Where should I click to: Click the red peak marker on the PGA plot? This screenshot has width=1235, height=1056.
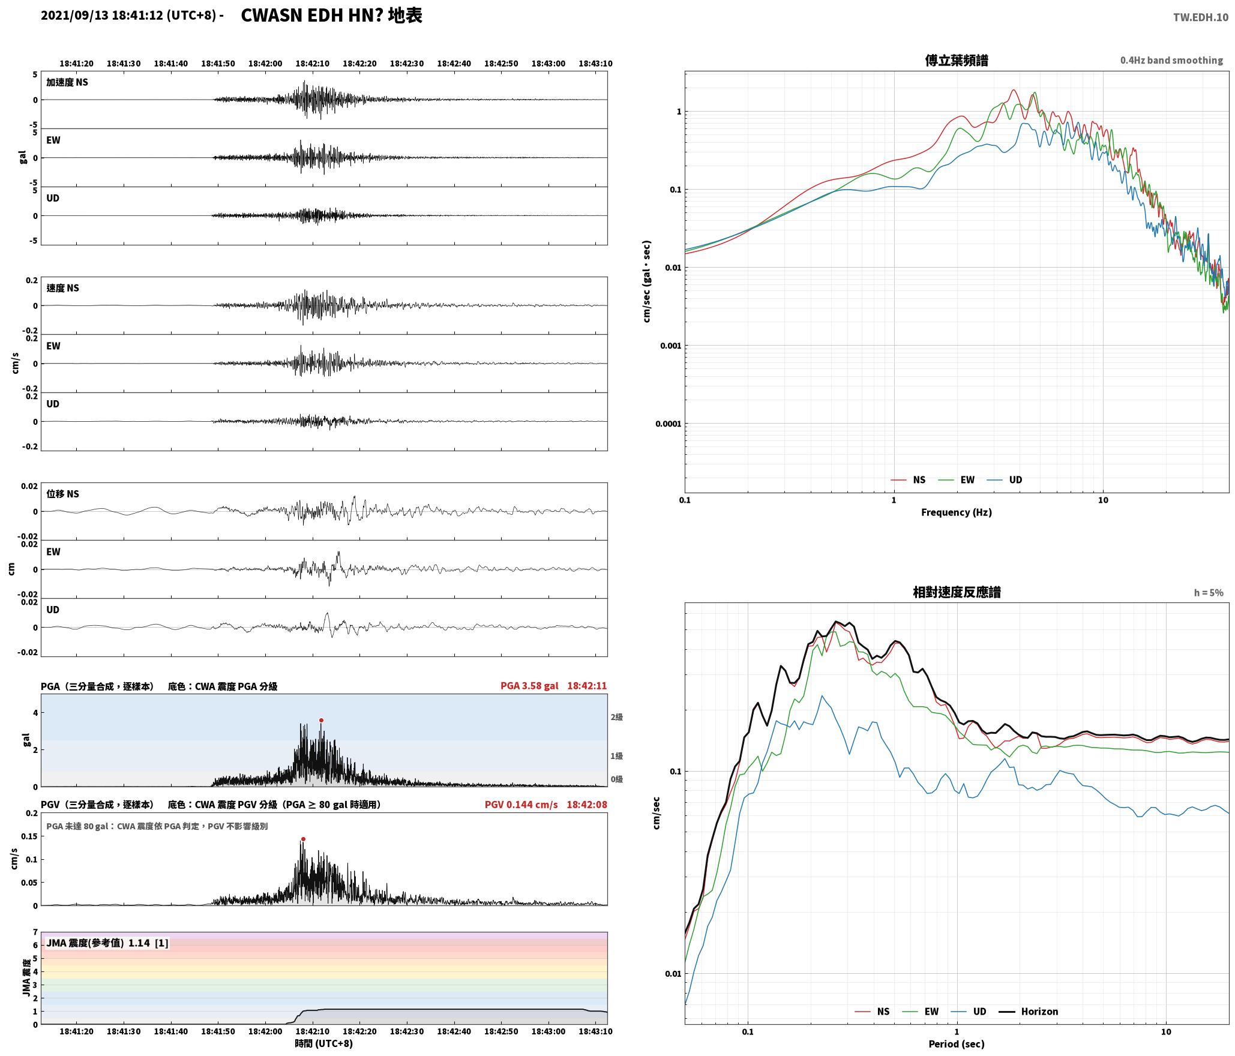(x=321, y=720)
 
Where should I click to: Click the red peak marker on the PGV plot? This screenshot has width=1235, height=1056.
(x=303, y=839)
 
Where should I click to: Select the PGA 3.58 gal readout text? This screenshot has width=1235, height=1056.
(x=529, y=686)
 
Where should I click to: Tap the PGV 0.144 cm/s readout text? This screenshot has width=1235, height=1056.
(x=521, y=805)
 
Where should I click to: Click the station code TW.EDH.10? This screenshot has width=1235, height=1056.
(x=1201, y=17)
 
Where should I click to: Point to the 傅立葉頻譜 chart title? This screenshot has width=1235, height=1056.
(x=957, y=60)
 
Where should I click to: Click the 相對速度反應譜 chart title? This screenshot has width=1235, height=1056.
(x=957, y=592)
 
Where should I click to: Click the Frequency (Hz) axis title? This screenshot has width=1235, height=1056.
(x=957, y=512)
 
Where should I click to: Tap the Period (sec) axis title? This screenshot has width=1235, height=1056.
(x=957, y=1044)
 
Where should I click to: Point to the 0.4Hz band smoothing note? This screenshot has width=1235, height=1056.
(x=1171, y=61)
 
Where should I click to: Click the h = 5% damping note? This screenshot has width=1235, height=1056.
(x=1208, y=593)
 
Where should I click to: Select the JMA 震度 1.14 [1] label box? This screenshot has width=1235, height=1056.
(x=107, y=943)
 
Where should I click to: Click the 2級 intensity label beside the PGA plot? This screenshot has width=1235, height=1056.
(x=616, y=717)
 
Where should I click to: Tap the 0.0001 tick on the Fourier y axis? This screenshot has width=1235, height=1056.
(x=667, y=424)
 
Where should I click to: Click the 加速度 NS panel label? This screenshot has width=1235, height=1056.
(x=67, y=82)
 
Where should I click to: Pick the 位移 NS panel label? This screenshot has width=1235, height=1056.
(x=63, y=494)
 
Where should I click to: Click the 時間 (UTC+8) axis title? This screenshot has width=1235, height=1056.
(x=323, y=1043)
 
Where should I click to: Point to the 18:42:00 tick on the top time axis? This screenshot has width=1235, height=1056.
(x=265, y=64)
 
